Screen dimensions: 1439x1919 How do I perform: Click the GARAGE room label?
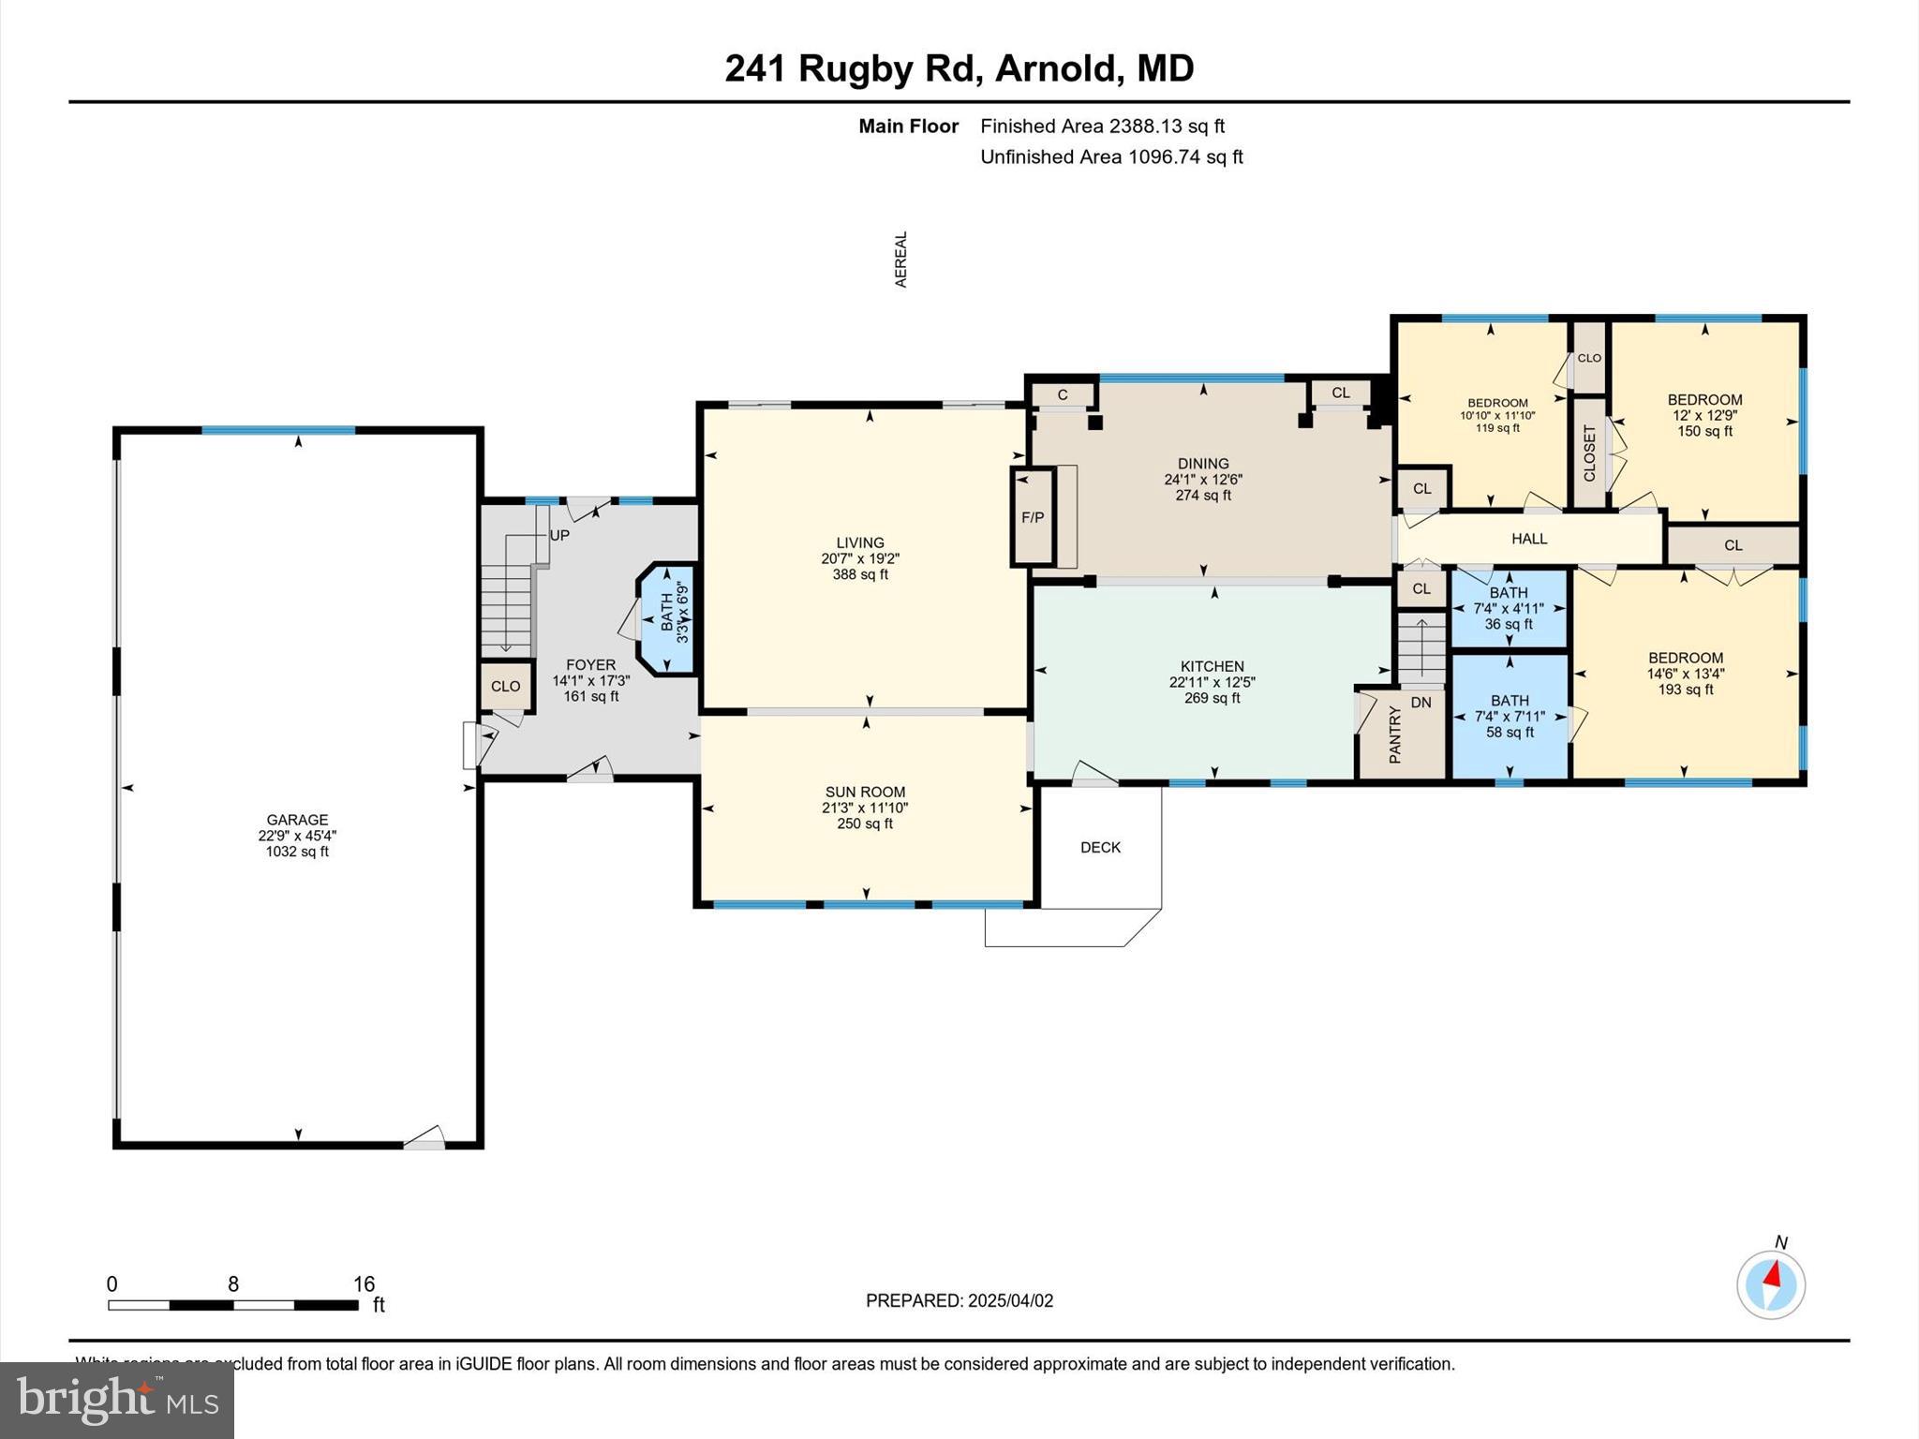(297, 820)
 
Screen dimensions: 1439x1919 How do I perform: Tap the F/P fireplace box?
(1033, 517)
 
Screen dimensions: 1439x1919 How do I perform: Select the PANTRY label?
(1394, 735)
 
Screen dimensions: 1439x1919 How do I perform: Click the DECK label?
(1100, 847)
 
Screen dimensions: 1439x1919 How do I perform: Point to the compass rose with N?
(1770, 1284)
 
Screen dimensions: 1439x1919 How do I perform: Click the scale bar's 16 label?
(364, 1283)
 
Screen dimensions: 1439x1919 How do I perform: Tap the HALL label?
(1529, 539)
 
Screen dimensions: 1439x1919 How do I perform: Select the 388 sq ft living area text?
(860, 574)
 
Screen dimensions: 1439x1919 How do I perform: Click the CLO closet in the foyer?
(505, 687)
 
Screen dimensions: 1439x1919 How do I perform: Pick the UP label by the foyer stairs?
(559, 536)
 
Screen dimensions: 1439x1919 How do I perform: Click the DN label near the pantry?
(1421, 703)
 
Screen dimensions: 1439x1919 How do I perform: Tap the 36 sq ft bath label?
(1509, 624)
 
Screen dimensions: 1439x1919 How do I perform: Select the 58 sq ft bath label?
(1510, 733)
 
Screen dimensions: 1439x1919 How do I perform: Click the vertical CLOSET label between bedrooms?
(1589, 453)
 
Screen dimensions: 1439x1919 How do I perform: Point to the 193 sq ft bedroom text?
(1686, 690)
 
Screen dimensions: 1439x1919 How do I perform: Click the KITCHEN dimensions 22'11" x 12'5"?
(1212, 682)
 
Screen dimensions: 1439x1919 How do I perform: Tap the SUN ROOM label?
(865, 792)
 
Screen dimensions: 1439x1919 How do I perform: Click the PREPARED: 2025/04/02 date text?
(959, 1300)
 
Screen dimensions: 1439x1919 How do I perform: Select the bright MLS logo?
(117, 1400)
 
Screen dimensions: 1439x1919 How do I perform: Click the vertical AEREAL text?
(901, 260)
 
